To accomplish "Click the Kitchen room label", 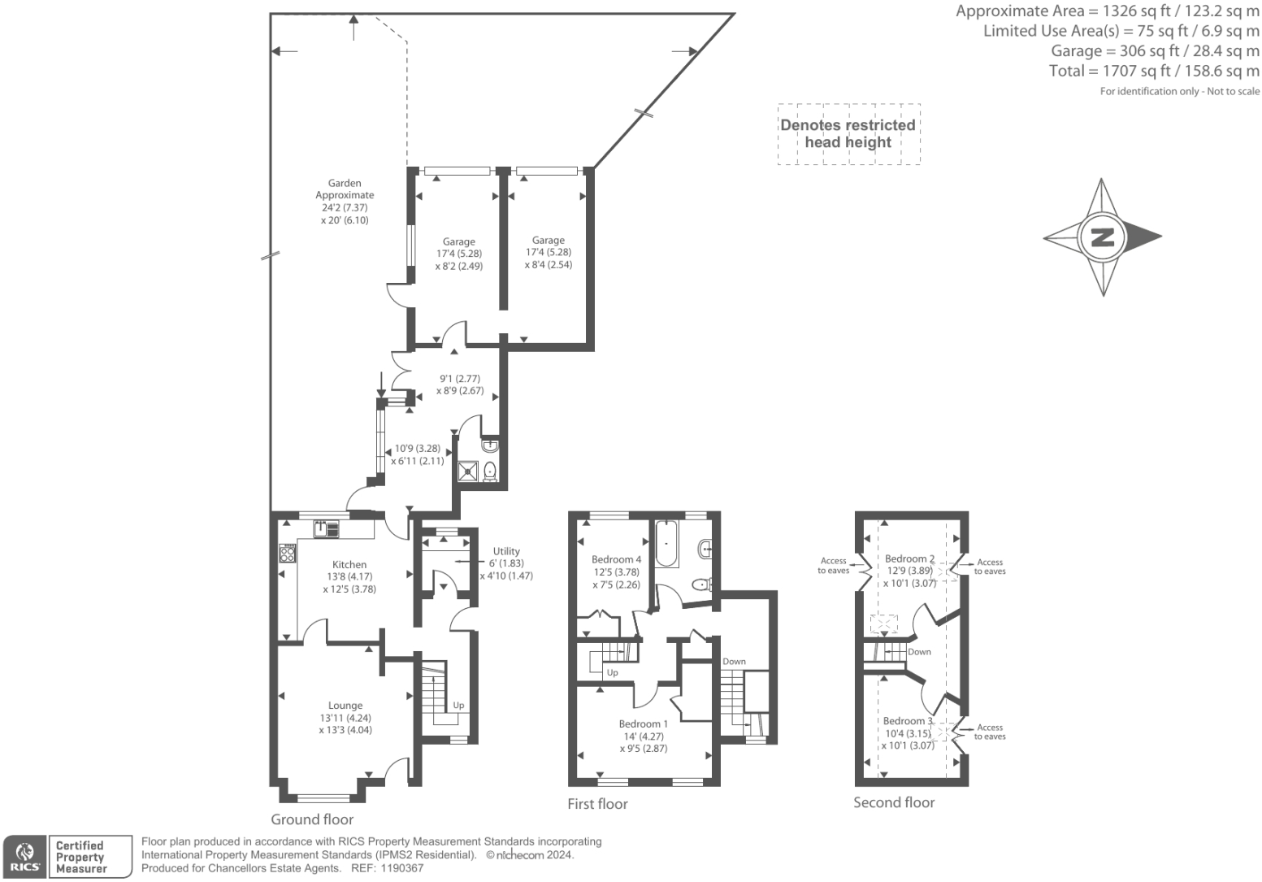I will coord(349,565).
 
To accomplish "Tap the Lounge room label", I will coord(345,706).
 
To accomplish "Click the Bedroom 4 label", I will coord(616,559).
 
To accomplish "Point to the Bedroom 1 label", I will coord(643,724).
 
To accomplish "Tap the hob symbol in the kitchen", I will coord(287,554).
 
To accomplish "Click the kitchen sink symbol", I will coord(327,528).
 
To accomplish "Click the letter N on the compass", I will coord(1103,238).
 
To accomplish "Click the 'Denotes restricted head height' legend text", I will coord(848,134).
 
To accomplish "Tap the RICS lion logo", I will coord(24,857).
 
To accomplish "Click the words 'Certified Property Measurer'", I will coord(80,857).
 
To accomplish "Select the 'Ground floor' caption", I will coord(312,819).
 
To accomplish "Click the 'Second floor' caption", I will coord(894,802).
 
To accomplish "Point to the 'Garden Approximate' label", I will coord(345,189).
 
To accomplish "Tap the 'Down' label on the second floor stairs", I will coord(919,652).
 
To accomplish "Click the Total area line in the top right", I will coord(1154,71).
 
